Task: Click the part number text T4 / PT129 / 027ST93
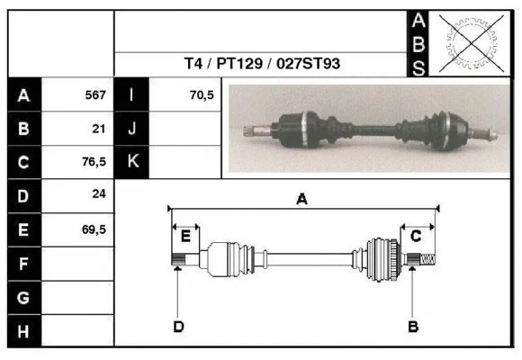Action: [x=262, y=64]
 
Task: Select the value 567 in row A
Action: [x=94, y=94]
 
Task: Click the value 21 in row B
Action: [x=99, y=128]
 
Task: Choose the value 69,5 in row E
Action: [x=94, y=229]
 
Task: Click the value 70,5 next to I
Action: [x=201, y=94]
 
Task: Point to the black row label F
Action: [x=24, y=264]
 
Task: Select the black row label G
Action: [x=24, y=297]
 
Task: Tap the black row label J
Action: [x=131, y=128]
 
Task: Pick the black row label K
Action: [x=131, y=162]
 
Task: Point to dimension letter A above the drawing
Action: [x=302, y=200]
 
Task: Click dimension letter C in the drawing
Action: [x=416, y=236]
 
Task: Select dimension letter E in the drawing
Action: [x=185, y=236]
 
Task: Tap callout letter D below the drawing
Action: [x=178, y=326]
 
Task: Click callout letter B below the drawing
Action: [x=413, y=326]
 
